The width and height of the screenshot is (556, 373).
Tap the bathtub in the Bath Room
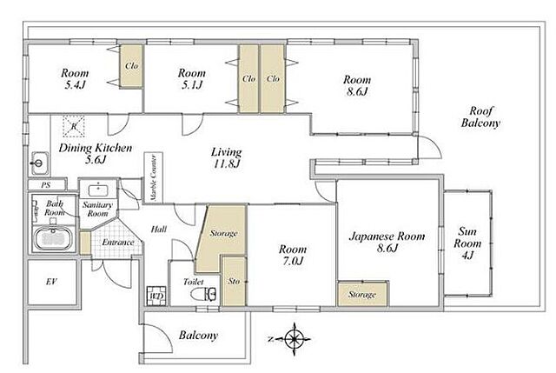pyautogui.click(x=54, y=238)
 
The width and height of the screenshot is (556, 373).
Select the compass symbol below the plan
pyautogui.click(x=295, y=339)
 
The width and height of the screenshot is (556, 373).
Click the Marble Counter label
pyautogui.click(x=153, y=177)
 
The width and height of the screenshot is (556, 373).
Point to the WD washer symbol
pyautogui.click(x=156, y=296)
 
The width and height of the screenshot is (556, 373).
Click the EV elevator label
pyautogui.click(x=52, y=282)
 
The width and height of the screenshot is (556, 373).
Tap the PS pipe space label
pyautogui.click(x=46, y=185)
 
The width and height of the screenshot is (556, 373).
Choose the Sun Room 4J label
pyautogui.click(x=467, y=243)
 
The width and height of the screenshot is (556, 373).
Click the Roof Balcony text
pyautogui.click(x=480, y=117)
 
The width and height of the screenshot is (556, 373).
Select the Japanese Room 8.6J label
pyautogui.click(x=387, y=242)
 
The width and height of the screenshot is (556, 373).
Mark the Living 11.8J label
pyautogui.click(x=227, y=157)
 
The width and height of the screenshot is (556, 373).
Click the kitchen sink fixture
pyautogui.click(x=40, y=163)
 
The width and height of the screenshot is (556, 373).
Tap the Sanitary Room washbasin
pyautogui.click(x=98, y=190)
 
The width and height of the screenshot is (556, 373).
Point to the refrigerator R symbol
pyautogui.click(x=74, y=126)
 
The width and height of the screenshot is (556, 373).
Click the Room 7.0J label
pyautogui.click(x=293, y=255)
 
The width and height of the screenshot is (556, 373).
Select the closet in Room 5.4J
pyautogui.click(x=131, y=65)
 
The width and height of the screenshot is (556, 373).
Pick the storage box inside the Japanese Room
pyautogui.click(x=362, y=294)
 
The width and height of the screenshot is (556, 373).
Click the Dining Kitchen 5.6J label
pyautogui.click(x=96, y=153)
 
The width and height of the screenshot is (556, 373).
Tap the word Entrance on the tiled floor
pyautogui.click(x=118, y=243)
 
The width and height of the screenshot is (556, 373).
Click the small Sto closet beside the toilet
pyautogui.click(x=234, y=281)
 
